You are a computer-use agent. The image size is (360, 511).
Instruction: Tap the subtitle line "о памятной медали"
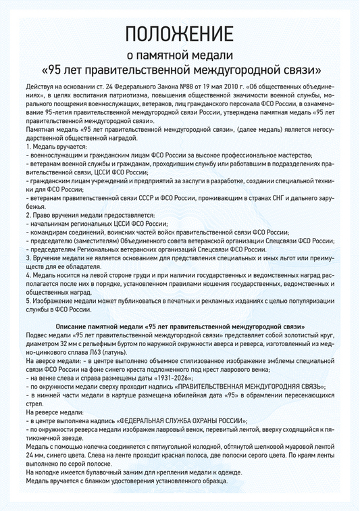tap(180, 55)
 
